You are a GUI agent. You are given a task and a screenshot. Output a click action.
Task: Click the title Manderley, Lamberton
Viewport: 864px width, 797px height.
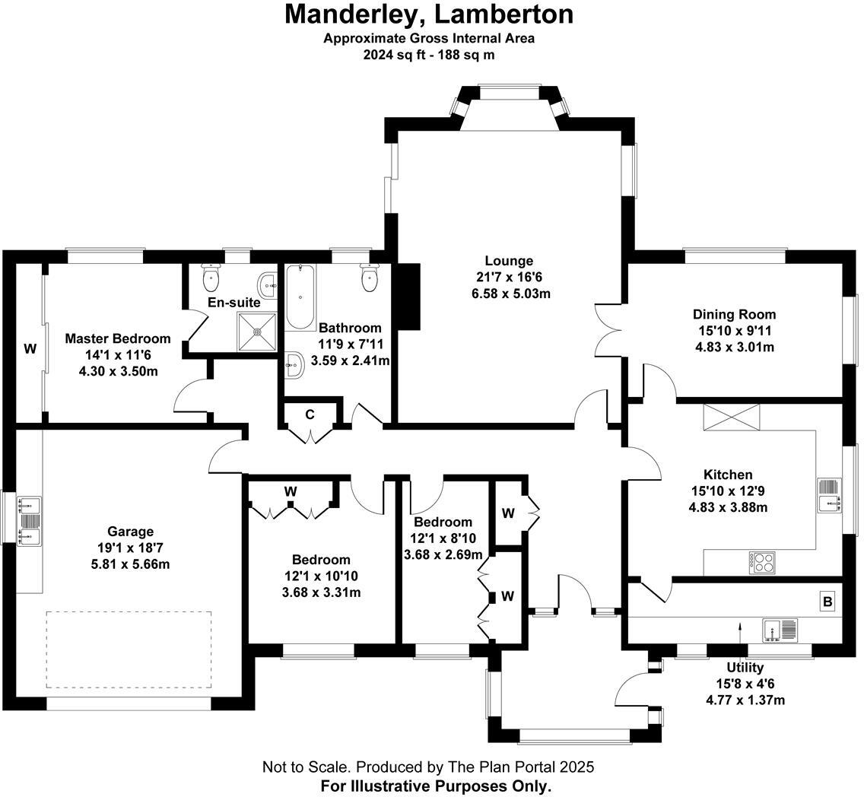(429, 14)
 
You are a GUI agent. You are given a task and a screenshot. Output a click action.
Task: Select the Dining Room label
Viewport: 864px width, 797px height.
(734, 314)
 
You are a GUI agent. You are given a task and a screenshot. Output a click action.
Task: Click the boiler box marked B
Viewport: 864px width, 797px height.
(827, 602)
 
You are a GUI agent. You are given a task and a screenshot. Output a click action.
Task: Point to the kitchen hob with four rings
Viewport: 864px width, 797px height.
(763, 562)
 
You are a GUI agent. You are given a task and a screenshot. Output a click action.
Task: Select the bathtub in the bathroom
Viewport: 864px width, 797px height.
(301, 296)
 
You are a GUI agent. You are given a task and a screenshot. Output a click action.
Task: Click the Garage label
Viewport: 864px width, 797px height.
(130, 532)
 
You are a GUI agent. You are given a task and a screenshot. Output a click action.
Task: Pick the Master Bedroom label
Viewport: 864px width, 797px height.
(118, 338)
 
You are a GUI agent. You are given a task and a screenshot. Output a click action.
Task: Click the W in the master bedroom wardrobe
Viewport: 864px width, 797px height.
(30, 349)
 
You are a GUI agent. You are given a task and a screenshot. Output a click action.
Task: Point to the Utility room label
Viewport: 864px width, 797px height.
(745, 668)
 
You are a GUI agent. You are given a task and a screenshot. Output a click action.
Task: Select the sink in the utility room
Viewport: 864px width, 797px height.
(780, 630)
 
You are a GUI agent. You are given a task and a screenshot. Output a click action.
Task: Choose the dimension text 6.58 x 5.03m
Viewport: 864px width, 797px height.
(510, 294)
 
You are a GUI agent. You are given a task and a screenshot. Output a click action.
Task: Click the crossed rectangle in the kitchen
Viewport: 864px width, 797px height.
(731, 417)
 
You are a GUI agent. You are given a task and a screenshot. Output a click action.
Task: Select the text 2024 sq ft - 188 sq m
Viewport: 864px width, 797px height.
(429, 55)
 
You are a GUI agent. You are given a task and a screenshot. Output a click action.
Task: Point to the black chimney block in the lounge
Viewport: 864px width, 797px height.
(409, 296)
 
